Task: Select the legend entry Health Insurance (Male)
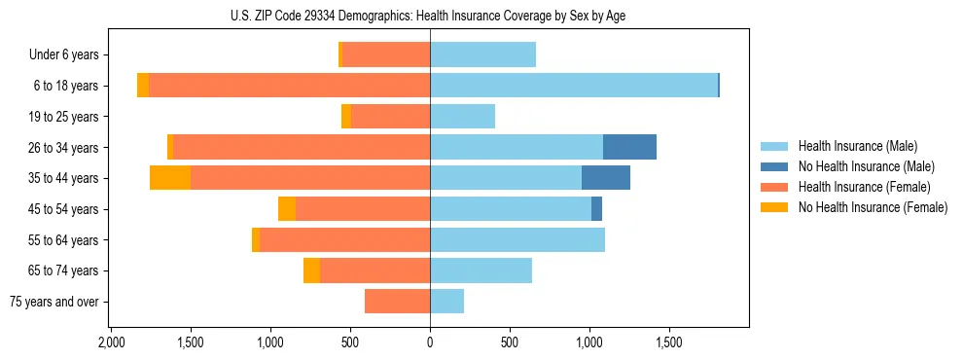pos(857,146)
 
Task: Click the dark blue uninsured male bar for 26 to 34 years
pos(629,147)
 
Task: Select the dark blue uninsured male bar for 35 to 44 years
pos(605,178)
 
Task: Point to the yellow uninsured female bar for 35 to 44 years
pos(170,178)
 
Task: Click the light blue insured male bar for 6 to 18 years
pos(574,86)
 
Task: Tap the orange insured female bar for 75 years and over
pos(398,302)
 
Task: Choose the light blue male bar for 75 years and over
pos(446,302)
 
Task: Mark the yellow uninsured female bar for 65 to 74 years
pos(311,270)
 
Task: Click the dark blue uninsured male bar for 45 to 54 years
pos(596,209)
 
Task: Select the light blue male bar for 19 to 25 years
pos(462,117)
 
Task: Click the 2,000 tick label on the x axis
pos(111,343)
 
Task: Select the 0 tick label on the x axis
pos(430,343)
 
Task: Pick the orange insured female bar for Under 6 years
pos(386,55)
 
